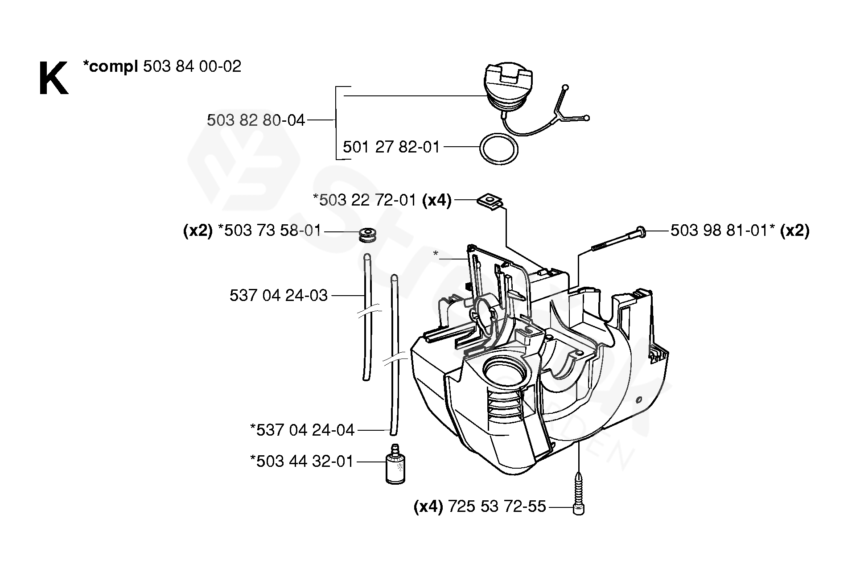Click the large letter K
(x=53, y=79)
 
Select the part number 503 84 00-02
(x=192, y=66)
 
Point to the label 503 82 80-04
(x=256, y=120)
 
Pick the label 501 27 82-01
(x=391, y=147)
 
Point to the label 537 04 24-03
(x=279, y=295)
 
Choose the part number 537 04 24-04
(x=302, y=430)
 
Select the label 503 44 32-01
(x=302, y=461)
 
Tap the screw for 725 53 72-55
(x=578, y=495)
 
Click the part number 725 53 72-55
(x=497, y=507)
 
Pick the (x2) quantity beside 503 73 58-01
(x=198, y=231)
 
